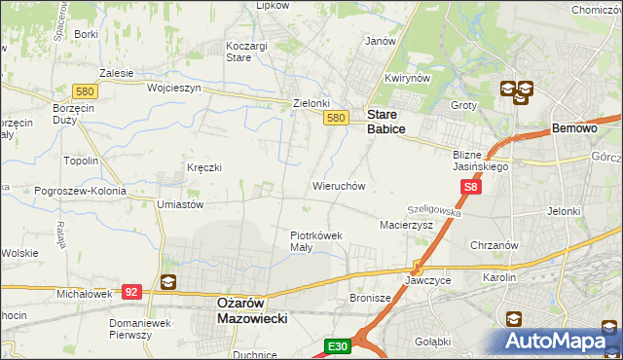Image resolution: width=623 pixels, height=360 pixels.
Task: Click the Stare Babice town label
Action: tap(386, 121)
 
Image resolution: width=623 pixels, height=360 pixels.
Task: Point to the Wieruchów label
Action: tap(338, 185)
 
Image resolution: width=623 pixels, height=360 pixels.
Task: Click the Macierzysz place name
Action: tap(405, 225)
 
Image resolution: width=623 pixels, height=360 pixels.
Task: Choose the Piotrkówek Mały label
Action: tap(315, 240)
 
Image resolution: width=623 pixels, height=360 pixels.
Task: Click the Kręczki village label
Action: tap(204, 167)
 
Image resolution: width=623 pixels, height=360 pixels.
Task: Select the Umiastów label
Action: tap(179, 205)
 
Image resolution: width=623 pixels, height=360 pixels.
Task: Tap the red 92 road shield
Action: tap(132, 290)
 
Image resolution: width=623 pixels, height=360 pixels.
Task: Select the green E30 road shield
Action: tap(338, 346)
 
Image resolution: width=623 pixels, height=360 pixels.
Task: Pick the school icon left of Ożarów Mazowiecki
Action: tap(167, 283)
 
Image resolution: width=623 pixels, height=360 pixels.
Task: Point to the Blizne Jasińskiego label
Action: tap(481, 160)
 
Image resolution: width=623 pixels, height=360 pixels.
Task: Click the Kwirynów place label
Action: tap(407, 78)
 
